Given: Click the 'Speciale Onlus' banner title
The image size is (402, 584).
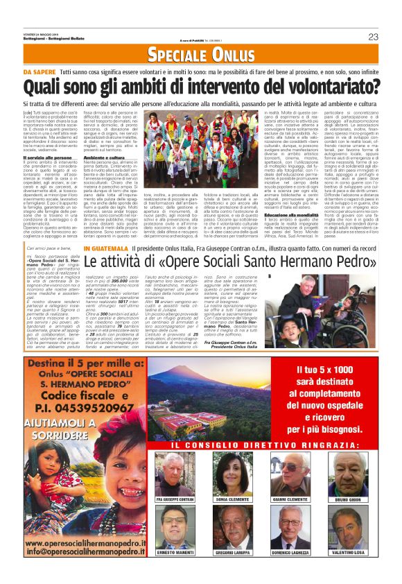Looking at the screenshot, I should [201, 54].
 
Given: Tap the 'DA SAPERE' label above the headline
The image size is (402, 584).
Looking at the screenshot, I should [40, 72].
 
